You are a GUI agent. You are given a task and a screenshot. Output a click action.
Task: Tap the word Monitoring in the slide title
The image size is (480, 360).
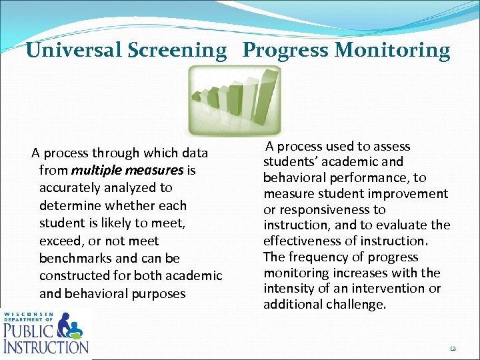coord(393,50)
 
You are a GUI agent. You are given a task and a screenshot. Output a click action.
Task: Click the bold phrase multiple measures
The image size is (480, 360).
coord(127,171)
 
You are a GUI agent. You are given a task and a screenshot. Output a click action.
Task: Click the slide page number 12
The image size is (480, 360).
coord(453,347)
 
